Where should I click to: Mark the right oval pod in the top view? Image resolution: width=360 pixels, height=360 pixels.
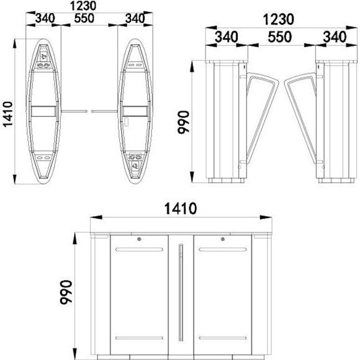click(x=135, y=110)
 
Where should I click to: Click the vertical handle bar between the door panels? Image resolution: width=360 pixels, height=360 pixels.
click(x=181, y=292)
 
